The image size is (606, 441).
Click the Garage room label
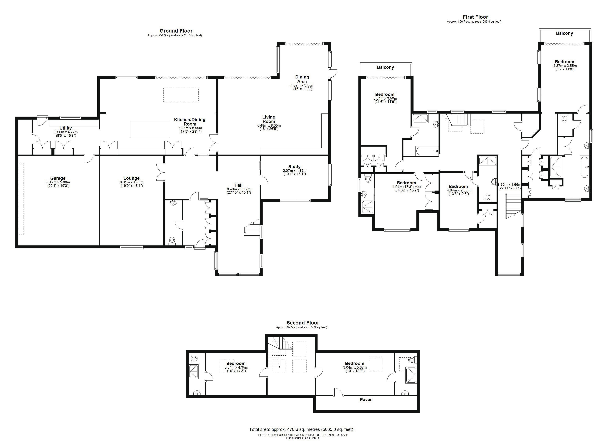pos(58,178)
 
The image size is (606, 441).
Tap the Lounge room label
pos(131,178)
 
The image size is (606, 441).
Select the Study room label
pos(294,167)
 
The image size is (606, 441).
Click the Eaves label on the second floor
pos(366,399)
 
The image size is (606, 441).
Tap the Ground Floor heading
pos(176,31)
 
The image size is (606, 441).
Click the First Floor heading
pos(475,17)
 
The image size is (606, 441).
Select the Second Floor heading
pos(303,323)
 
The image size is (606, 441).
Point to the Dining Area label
pos(302,79)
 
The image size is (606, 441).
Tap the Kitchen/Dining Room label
pos(190,122)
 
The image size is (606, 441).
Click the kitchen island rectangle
pos(150,129)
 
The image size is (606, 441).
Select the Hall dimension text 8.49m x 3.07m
pos(239,189)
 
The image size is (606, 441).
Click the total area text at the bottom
pos(301,429)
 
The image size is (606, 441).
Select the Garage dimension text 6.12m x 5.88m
pos(58,182)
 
